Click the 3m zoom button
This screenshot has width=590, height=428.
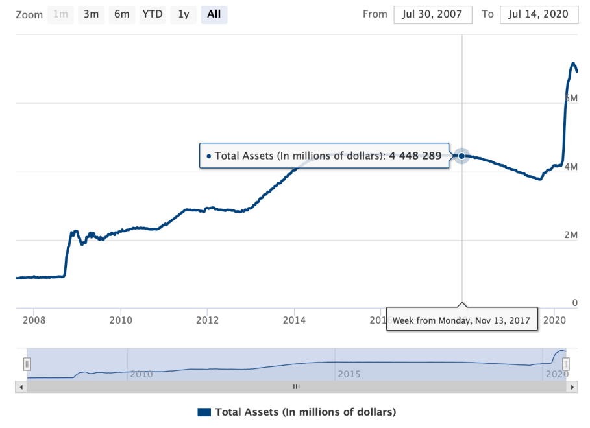(x=91, y=14)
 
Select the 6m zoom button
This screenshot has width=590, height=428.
(x=122, y=14)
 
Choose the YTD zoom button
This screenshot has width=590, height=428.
(x=153, y=14)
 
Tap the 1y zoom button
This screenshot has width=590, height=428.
(x=184, y=14)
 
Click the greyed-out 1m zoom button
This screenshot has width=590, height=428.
(x=60, y=14)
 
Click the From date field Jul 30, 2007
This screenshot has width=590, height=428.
(x=432, y=14)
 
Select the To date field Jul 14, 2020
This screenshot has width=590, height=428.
(x=539, y=14)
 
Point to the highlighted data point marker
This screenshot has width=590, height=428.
(x=461, y=156)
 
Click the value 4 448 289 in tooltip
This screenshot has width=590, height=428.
(x=415, y=156)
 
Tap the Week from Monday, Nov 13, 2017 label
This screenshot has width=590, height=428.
(x=461, y=320)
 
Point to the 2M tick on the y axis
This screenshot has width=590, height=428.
(x=571, y=235)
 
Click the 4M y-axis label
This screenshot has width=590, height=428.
(x=571, y=167)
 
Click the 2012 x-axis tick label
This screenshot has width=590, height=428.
(x=207, y=320)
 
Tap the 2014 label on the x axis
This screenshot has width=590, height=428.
(x=294, y=320)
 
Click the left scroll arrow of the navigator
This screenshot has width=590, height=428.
(x=20, y=387)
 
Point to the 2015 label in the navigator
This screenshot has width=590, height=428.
(x=349, y=374)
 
